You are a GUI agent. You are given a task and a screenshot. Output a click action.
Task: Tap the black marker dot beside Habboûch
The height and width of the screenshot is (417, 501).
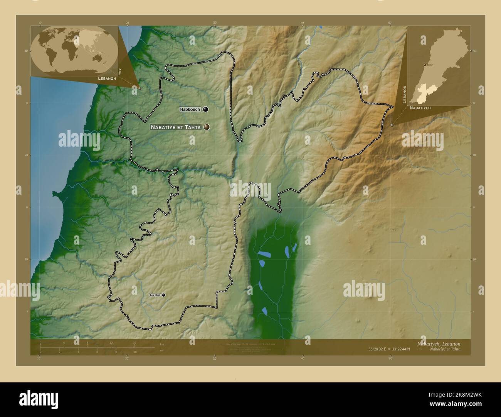pos(205,109)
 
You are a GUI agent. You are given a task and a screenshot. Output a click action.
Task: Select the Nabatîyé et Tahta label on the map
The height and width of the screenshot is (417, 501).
pos(176,127)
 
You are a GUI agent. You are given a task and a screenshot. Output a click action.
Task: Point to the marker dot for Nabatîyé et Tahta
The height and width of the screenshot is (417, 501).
pos(207,127)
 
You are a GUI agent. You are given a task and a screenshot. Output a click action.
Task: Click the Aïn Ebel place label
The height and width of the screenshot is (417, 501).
pos(155,295)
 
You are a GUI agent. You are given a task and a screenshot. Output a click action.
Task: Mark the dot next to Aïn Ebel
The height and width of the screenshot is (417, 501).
pos(164,295)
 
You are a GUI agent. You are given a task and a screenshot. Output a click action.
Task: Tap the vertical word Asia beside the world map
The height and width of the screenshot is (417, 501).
pos(120,71)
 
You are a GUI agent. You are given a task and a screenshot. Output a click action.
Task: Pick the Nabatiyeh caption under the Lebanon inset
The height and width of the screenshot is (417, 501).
pos(420,108)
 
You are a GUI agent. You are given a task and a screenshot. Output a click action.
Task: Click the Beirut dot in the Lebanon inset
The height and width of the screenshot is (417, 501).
pos(424,65)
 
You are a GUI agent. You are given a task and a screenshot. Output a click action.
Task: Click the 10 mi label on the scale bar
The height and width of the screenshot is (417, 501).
pos(134,352)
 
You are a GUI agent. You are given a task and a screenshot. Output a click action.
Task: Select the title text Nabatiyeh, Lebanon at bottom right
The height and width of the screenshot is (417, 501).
pos(438,344)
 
